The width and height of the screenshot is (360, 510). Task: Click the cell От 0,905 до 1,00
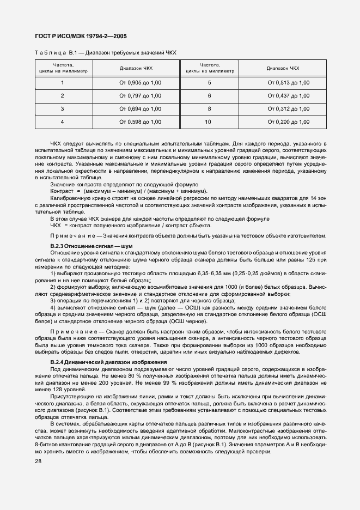coord(140,82)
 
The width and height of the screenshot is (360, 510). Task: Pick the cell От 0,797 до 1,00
coord(140,95)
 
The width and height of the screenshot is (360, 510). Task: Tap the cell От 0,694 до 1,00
coord(140,109)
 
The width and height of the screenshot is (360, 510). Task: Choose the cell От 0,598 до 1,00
coord(140,122)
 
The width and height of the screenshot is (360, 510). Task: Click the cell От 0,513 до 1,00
coord(288,82)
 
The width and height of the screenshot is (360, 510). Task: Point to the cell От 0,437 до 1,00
coord(288,95)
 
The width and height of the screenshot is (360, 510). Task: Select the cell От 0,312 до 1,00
coord(288,109)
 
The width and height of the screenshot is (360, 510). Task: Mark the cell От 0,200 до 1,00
coord(288,122)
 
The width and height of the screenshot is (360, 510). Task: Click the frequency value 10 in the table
coord(208,122)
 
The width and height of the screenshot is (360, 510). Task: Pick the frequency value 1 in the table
coord(62,82)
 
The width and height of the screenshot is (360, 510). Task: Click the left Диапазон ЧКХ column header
coord(140,68)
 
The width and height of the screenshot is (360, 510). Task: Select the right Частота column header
coord(210,65)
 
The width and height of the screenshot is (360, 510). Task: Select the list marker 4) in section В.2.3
coord(53,307)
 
